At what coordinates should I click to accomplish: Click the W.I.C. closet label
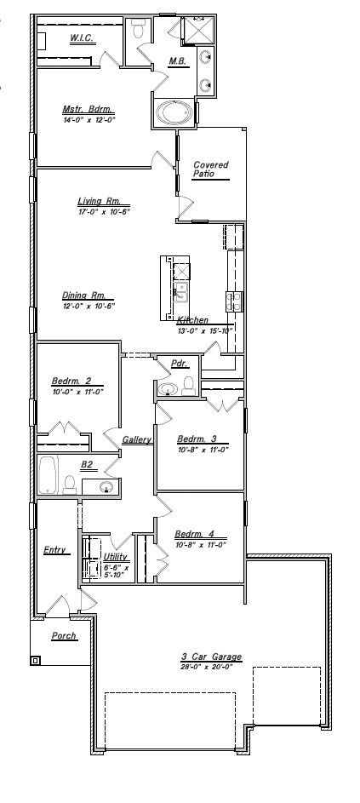pos(82,38)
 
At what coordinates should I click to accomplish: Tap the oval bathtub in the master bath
pos(174,113)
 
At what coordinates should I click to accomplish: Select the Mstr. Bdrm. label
pos(88,109)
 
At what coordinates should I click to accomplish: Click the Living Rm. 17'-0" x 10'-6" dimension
pos(103,212)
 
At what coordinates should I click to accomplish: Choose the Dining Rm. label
pos(83,295)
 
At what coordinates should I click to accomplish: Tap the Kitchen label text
pos(192,320)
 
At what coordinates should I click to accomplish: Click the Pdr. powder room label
pos(179,363)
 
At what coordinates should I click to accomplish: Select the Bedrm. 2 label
pos(71,382)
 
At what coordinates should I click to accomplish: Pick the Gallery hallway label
pos(137,440)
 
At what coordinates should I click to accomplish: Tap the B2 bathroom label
pos(87,465)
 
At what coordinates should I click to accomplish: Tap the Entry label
pos(55,550)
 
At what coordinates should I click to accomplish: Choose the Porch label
pos(63,635)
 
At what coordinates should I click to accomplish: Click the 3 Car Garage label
pos(212,657)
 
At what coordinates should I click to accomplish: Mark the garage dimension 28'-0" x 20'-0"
pos(212,667)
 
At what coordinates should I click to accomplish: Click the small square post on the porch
pos(35,660)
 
